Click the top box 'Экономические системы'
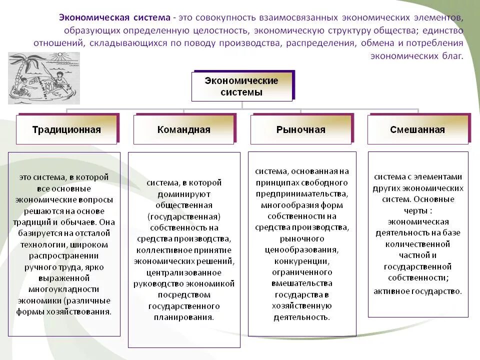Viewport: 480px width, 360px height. click(x=241, y=86)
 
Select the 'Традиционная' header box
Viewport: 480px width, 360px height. click(x=66, y=130)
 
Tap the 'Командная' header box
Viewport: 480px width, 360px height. click(x=183, y=130)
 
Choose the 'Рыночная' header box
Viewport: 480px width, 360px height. click(x=300, y=130)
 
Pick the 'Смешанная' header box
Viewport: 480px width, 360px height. click(x=417, y=130)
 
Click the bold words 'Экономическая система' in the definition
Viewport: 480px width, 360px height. click(x=114, y=18)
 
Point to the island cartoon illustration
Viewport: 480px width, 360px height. click(x=44, y=78)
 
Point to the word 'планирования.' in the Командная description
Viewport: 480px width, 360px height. click(x=184, y=317)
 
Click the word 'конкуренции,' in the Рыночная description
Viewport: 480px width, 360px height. click(x=301, y=260)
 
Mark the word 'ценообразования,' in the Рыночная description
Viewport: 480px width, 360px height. click(x=301, y=249)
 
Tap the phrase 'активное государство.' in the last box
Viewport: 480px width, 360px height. click(x=417, y=291)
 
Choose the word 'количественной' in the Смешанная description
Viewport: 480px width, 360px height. click(x=417, y=244)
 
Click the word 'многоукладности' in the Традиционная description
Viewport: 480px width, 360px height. click(x=63, y=289)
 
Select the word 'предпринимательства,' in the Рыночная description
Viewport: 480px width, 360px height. click(x=301, y=193)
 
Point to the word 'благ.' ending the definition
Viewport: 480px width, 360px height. click(x=453, y=56)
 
